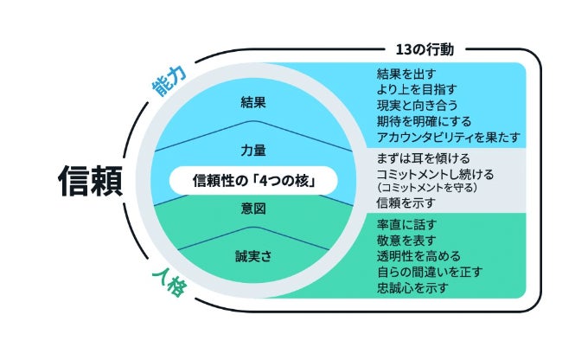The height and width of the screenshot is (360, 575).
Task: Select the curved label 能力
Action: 168,83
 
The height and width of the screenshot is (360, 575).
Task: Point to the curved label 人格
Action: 168,281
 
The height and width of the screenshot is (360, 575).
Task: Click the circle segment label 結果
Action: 252,102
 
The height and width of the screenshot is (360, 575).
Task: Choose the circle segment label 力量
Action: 252,148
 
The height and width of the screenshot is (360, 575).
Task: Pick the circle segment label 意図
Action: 252,209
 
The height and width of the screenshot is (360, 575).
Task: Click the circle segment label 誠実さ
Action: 252,255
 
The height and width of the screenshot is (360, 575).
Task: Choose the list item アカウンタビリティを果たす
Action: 447,138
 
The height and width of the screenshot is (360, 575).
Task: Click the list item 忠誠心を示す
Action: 412,288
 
